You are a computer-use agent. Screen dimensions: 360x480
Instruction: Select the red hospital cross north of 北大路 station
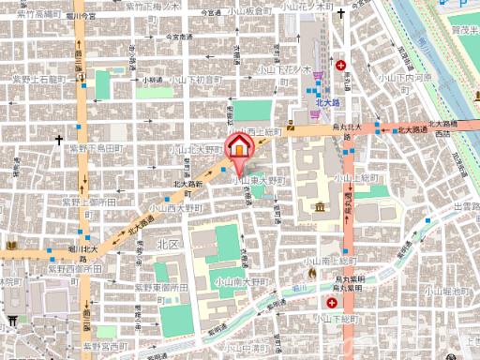(342, 66)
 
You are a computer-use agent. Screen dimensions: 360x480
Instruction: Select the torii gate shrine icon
(12, 321)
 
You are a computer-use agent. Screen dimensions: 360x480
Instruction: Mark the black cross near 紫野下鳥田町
(59, 140)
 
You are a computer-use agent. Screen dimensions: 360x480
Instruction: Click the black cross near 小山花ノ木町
(340, 15)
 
